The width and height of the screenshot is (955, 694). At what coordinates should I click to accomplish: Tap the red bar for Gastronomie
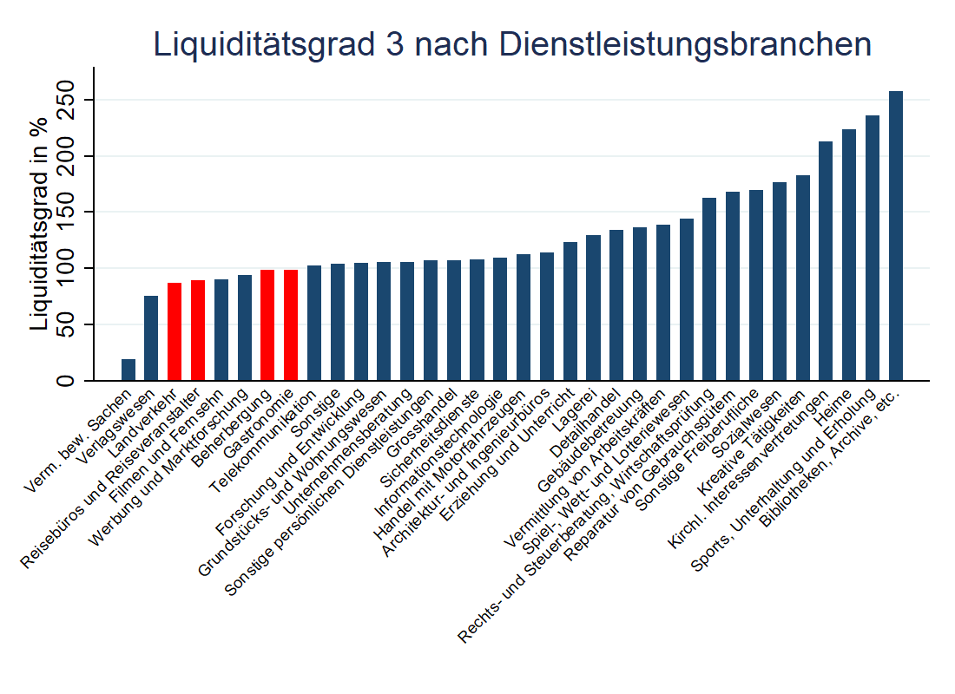291,325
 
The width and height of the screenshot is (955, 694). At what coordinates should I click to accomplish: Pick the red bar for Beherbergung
267,325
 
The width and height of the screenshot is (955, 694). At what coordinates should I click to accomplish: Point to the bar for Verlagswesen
151,338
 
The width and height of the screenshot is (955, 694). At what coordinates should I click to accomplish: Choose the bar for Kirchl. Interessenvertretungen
826,260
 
